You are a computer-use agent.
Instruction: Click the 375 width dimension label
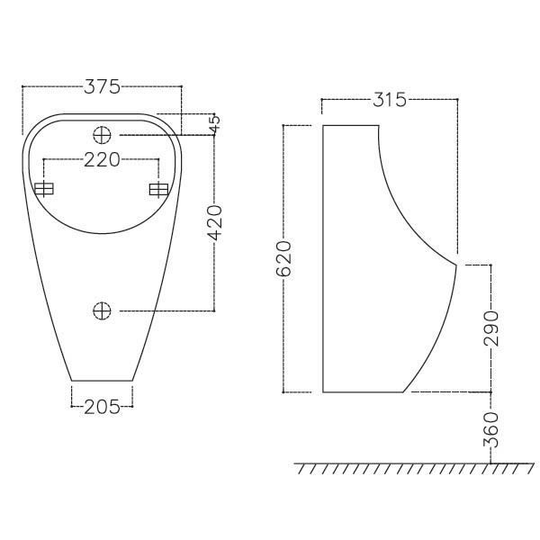102,87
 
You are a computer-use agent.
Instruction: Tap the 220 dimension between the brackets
102,161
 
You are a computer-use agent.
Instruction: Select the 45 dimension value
213,124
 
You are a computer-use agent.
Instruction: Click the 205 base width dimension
102,407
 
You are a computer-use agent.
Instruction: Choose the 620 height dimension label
283,258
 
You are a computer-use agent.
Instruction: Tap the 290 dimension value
490,328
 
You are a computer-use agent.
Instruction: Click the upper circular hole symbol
102,135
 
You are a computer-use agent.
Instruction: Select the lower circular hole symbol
102,310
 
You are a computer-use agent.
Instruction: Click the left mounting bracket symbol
44,189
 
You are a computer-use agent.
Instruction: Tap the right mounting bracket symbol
158,189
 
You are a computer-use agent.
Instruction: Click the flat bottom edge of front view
102,380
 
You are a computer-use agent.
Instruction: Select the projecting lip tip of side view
457,265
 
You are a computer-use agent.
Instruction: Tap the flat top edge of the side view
349,125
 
